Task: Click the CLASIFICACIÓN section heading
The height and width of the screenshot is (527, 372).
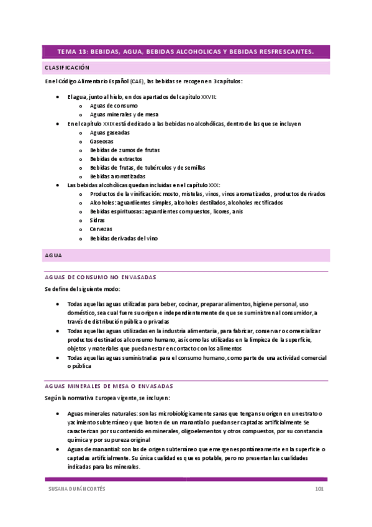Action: (67, 67)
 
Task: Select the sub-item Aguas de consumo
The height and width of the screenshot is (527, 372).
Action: (114, 106)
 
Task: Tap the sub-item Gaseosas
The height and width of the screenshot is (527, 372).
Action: (102, 141)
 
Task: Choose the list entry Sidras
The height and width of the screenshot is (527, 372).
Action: (98, 220)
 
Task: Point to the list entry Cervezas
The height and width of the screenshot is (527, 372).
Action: (101, 229)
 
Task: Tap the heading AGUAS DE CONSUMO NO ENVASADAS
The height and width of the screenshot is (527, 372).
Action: (101, 277)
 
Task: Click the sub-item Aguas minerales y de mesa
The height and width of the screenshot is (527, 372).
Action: (124, 115)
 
